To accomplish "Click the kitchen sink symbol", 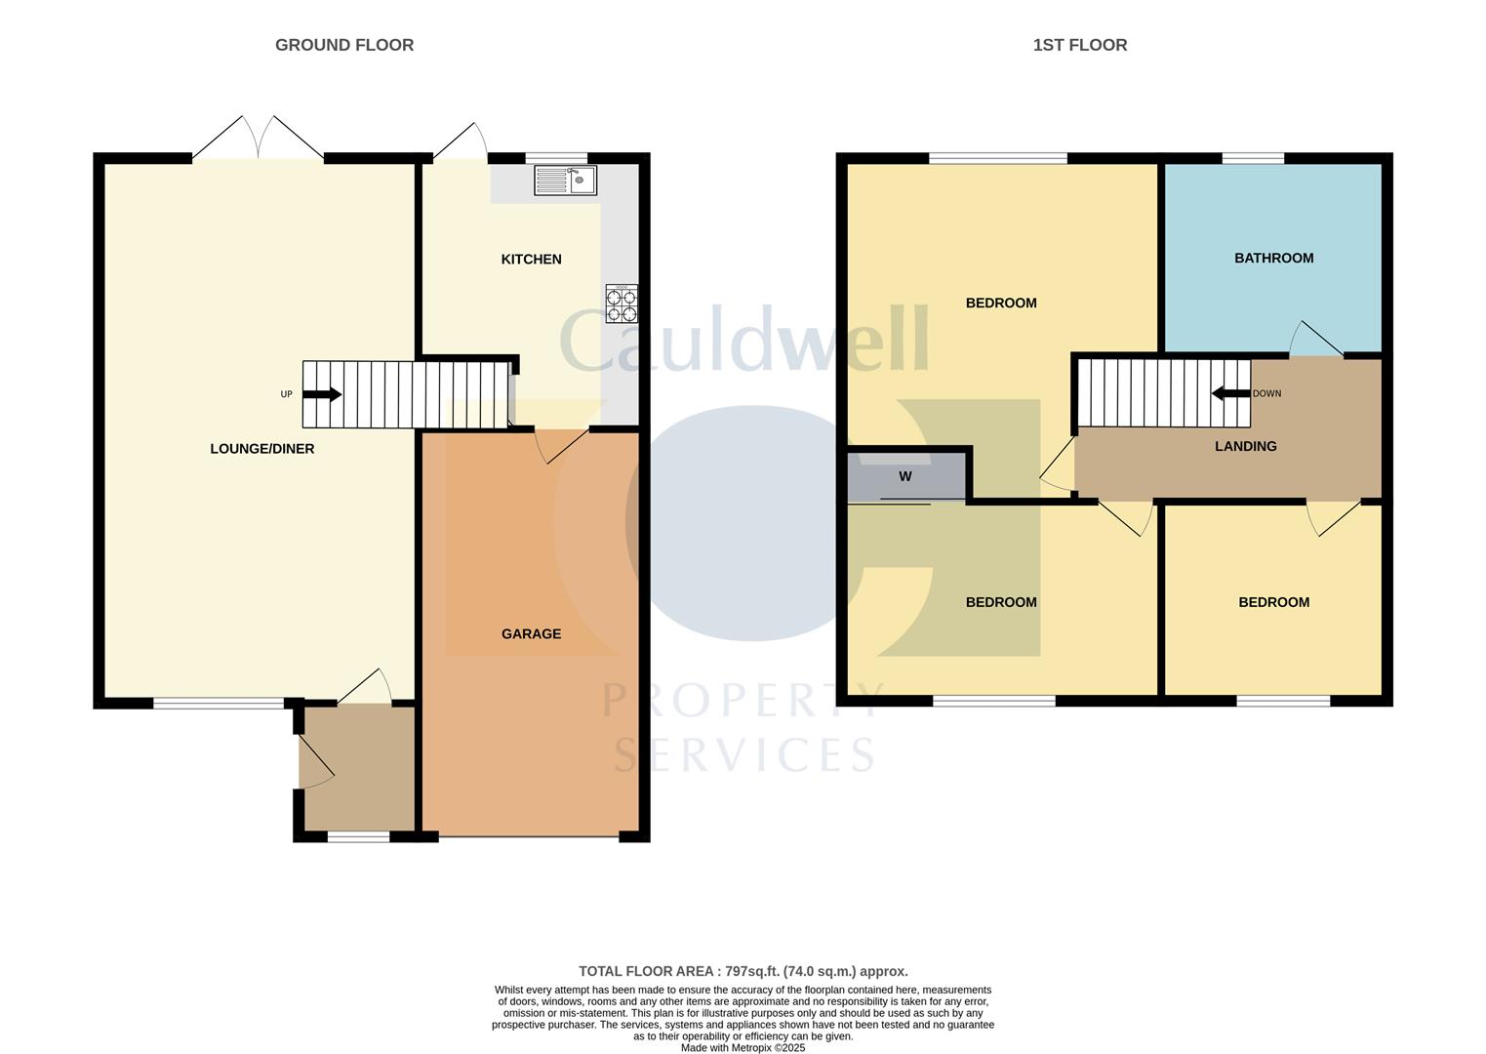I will point(565,181).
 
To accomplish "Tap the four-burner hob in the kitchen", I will point(622,304).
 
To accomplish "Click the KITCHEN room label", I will point(531,260).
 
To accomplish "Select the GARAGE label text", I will point(531,634).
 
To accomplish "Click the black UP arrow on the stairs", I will point(322,394).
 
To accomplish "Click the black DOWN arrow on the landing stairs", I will point(1230,393).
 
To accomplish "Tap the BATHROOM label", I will point(1273,259).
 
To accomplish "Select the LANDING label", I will point(1245,447).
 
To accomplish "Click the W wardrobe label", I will point(904,477).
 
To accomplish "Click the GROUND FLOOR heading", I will point(343,45).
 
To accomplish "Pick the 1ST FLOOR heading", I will point(1079,45).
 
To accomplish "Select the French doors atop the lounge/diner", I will point(258,139).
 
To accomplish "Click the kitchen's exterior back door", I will point(461,142).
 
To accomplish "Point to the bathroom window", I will point(1253,158).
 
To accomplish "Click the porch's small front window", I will point(358,836).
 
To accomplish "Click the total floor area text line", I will point(743,971).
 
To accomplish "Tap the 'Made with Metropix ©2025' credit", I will point(743,1047).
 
